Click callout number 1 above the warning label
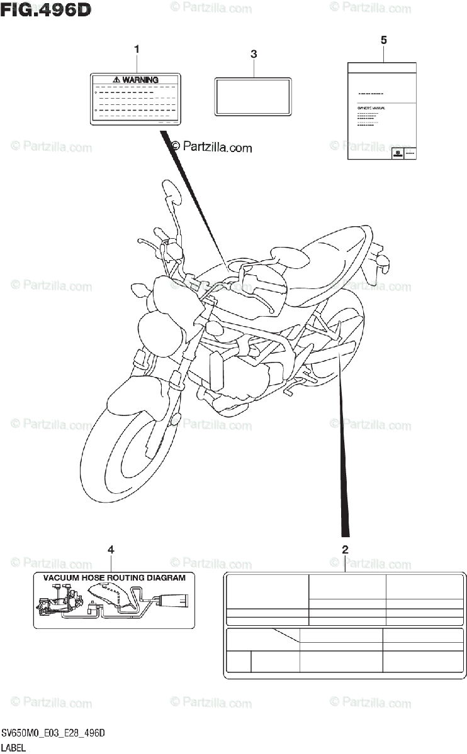(x=137, y=49)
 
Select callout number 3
(x=253, y=55)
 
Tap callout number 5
(x=384, y=40)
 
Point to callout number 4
(x=111, y=550)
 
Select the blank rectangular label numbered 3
(x=253, y=96)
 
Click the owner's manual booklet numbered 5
(x=382, y=111)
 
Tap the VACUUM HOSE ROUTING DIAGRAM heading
(x=113, y=577)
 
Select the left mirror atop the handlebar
(x=171, y=190)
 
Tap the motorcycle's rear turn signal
(x=382, y=261)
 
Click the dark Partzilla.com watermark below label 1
(x=211, y=147)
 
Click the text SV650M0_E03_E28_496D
(x=53, y=734)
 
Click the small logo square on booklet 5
(x=398, y=154)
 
